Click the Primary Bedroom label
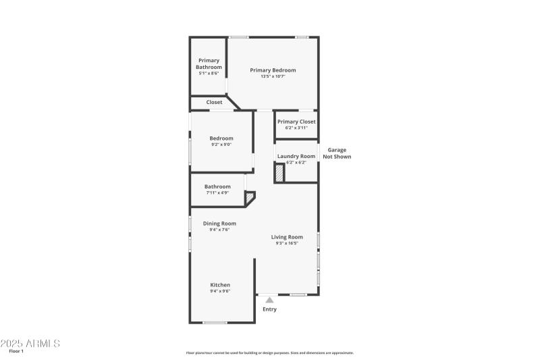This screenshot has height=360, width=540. (273, 70)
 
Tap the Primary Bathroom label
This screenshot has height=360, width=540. (209, 63)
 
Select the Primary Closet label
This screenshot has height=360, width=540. (296, 122)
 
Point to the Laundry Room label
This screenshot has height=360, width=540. (296, 156)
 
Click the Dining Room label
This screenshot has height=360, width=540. (219, 224)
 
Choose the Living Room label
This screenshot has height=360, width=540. (287, 237)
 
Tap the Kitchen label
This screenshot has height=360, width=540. (220, 285)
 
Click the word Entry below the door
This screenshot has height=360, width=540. (269, 309)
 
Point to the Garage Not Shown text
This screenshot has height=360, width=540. (337, 153)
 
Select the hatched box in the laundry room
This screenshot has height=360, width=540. (279, 174)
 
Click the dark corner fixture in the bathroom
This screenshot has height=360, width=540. (250, 197)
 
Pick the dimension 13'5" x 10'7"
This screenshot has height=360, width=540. (273, 76)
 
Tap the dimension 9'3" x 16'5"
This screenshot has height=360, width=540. (287, 243)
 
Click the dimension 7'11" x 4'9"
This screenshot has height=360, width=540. (217, 193)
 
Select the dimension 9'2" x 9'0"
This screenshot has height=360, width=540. (221, 145)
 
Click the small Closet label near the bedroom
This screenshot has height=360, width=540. (214, 103)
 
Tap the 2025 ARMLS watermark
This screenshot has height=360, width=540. (30, 343)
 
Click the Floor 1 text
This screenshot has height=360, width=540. (16, 351)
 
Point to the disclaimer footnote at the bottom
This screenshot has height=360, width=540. (269, 353)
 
